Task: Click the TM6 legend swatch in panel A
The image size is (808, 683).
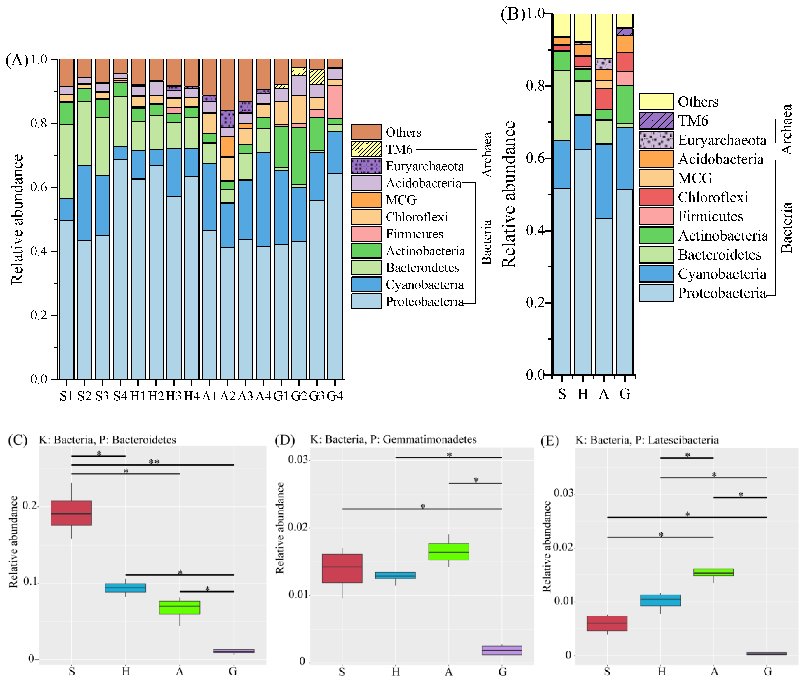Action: [x=366, y=149]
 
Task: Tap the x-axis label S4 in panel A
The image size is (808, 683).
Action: [x=120, y=396]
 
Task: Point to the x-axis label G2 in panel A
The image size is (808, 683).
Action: [x=299, y=396]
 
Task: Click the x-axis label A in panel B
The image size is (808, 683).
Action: [x=604, y=394]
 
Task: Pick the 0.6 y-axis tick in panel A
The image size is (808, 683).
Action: [x=39, y=187]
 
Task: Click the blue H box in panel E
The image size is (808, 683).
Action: [x=660, y=600]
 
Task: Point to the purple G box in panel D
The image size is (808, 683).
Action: [x=502, y=650]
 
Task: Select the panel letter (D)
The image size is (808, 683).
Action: [x=284, y=440]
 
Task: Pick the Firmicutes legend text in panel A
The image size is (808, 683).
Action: [x=414, y=234]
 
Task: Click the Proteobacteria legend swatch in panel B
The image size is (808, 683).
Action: [x=656, y=293]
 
